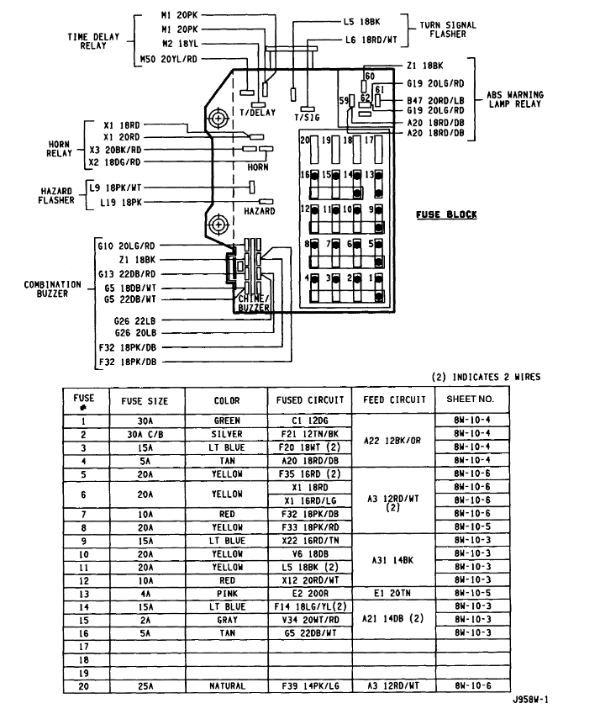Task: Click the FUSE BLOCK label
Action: pyautogui.click(x=445, y=214)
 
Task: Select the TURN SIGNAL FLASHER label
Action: pyautogui.click(x=447, y=30)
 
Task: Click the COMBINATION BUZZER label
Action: pyautogui.click(x=52, y=289)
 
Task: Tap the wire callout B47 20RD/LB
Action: pyautogui.click(x=437, y=101)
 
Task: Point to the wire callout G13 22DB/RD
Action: pyautogui.click(x=126, y=274)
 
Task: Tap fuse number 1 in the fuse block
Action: pyautogui.click(x=371, y=278)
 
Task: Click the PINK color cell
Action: pyautogui.click(x=227, y=593)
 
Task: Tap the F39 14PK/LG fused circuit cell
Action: pyautogui.click(x=308, y=686)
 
